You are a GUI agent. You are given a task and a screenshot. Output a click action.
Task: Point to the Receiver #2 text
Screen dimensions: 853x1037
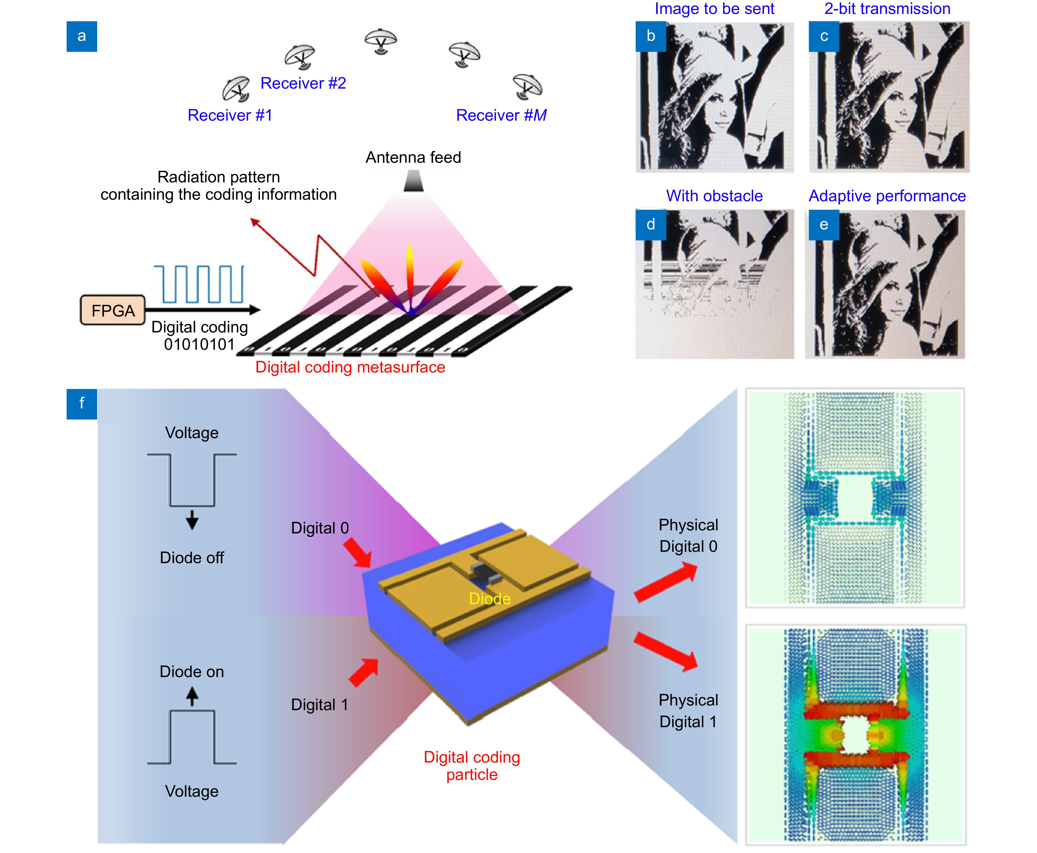click(303, 83)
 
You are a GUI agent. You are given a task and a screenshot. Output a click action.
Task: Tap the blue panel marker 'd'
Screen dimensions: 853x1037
click(650, 224)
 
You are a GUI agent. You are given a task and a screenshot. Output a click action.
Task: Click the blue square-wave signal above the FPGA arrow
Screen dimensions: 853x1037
click(199, 284)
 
